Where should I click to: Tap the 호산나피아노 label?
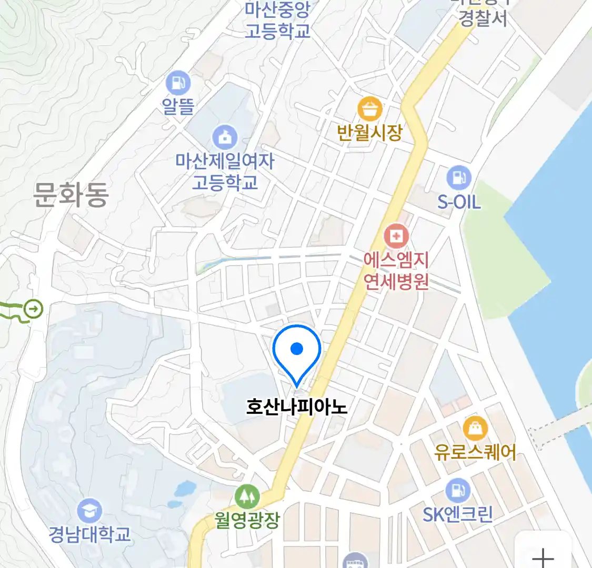(x=297, y=407)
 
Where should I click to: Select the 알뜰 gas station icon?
(x=178, y=83)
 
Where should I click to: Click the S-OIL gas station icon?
(x=459, y=178)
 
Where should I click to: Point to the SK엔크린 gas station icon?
(x=458, y=490)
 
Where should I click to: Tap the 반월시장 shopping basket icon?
(x=370, y=109)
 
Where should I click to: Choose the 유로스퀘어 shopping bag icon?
(x=475, y=429)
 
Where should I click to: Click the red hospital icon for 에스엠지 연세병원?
(x=396, y=236)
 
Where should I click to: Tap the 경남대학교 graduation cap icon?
(x=89, y=511)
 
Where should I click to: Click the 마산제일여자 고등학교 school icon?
(x=225, y=137)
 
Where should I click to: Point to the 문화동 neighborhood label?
(x=71, y=194)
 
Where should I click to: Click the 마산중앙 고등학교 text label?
(x=277, y=20)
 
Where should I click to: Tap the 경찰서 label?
(x=483, y=18)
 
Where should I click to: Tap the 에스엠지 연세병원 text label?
(x=396, y=271)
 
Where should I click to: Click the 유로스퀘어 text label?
(x=475, y=452)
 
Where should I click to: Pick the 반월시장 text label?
(x=370, y=132)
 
